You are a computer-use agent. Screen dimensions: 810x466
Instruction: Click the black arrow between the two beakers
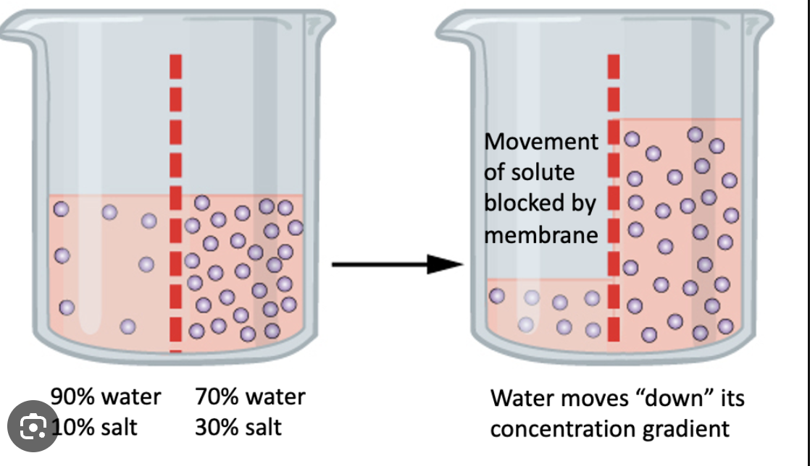click(397, 264)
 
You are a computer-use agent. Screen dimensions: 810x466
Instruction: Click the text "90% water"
click(106, 397)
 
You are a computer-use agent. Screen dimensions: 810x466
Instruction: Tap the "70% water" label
click(250, 397)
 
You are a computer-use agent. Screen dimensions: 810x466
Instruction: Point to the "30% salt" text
click(238, 427)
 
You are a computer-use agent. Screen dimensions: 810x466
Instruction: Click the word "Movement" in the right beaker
click(541, 141)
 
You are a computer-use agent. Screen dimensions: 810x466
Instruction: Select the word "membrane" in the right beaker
click(541, 234)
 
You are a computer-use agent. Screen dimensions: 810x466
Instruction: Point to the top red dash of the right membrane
click(614, 64)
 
